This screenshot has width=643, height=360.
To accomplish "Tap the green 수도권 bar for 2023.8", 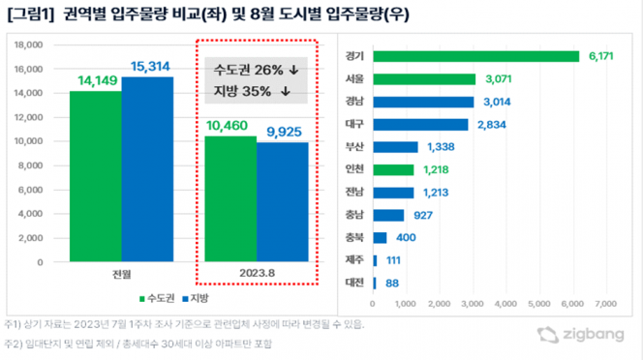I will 230,198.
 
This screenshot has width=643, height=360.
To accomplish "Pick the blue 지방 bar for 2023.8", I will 282,201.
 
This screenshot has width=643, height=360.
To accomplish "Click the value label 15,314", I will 147,66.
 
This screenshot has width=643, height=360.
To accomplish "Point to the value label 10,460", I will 230,126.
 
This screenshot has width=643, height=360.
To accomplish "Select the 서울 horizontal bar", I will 423,79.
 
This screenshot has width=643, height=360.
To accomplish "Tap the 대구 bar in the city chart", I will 419,124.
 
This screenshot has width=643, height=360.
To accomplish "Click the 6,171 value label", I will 603,57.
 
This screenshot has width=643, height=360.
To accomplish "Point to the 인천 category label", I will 353,169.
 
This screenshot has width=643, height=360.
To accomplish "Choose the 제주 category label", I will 353,259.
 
